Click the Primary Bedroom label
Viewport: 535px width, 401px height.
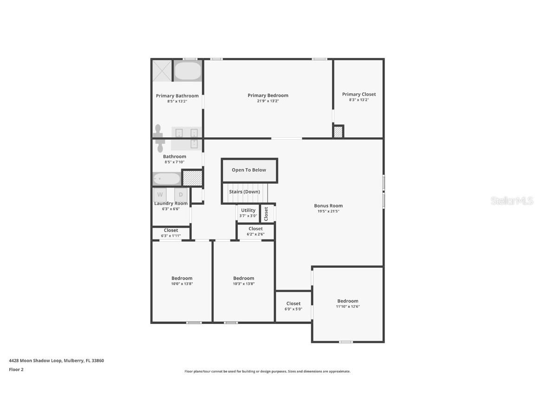pos(268,96)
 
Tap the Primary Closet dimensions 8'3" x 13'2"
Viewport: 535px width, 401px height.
pos(359,100)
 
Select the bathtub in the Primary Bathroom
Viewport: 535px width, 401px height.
pos(188,71)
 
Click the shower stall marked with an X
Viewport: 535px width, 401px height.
pos(162,71)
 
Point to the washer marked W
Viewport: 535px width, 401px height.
pos(160,194)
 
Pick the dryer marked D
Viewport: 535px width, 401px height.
pos(181,194)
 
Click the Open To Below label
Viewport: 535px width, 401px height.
pos(249,170)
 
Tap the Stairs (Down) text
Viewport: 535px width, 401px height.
pos(244,192)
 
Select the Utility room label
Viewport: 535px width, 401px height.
pos(248,210)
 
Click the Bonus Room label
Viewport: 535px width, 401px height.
pos(328,206)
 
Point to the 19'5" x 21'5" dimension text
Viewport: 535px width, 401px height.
pos(328,212)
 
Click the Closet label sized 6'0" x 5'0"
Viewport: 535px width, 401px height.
pos(294,304)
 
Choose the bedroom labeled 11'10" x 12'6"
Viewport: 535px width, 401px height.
pos(348,301)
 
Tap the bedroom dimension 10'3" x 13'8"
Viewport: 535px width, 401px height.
pos(244,284)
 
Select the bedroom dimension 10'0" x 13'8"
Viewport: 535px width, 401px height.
pos(182,284)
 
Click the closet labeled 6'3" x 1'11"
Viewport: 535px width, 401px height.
pos(171,230)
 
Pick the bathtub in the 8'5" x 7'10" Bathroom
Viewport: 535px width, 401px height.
pos(167,179)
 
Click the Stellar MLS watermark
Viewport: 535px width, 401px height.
pos(512,201)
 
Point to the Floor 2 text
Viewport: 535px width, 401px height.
pos(16,370)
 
